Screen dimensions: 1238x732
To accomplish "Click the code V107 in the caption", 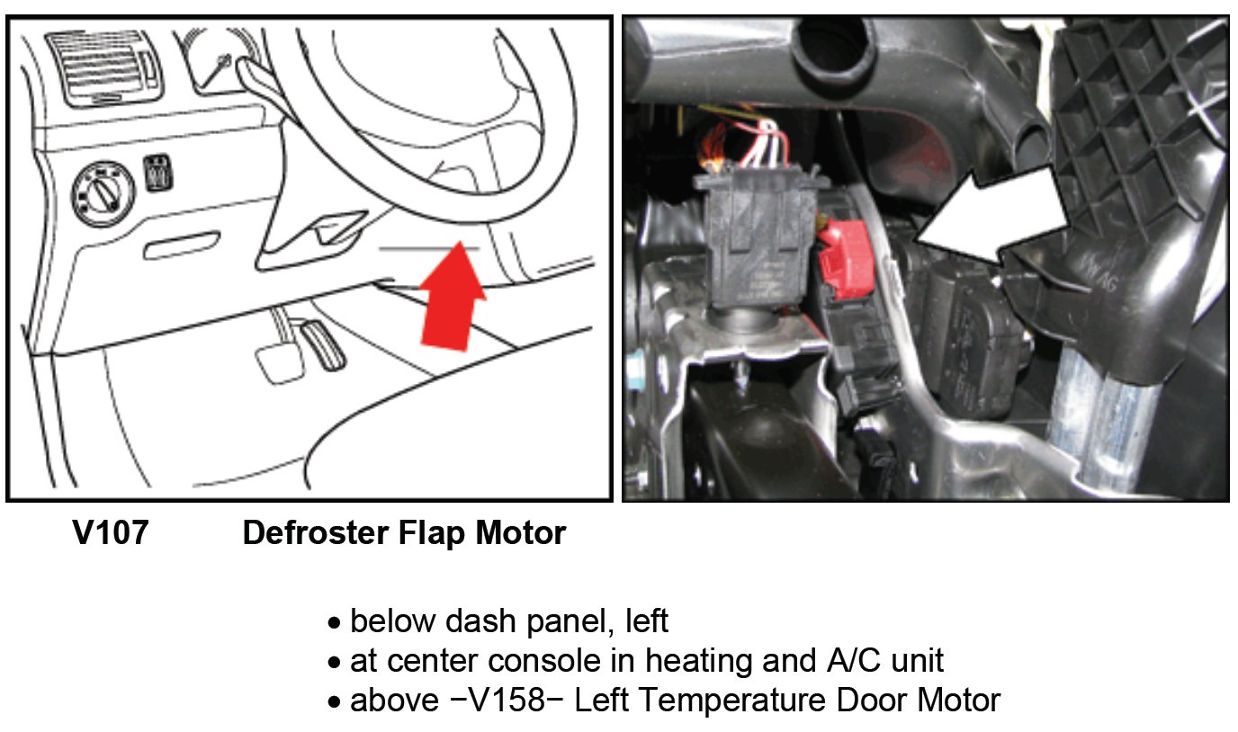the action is (111, 534).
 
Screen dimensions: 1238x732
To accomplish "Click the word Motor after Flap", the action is (522, 534).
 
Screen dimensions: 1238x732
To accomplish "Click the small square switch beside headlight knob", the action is (157, 174).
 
